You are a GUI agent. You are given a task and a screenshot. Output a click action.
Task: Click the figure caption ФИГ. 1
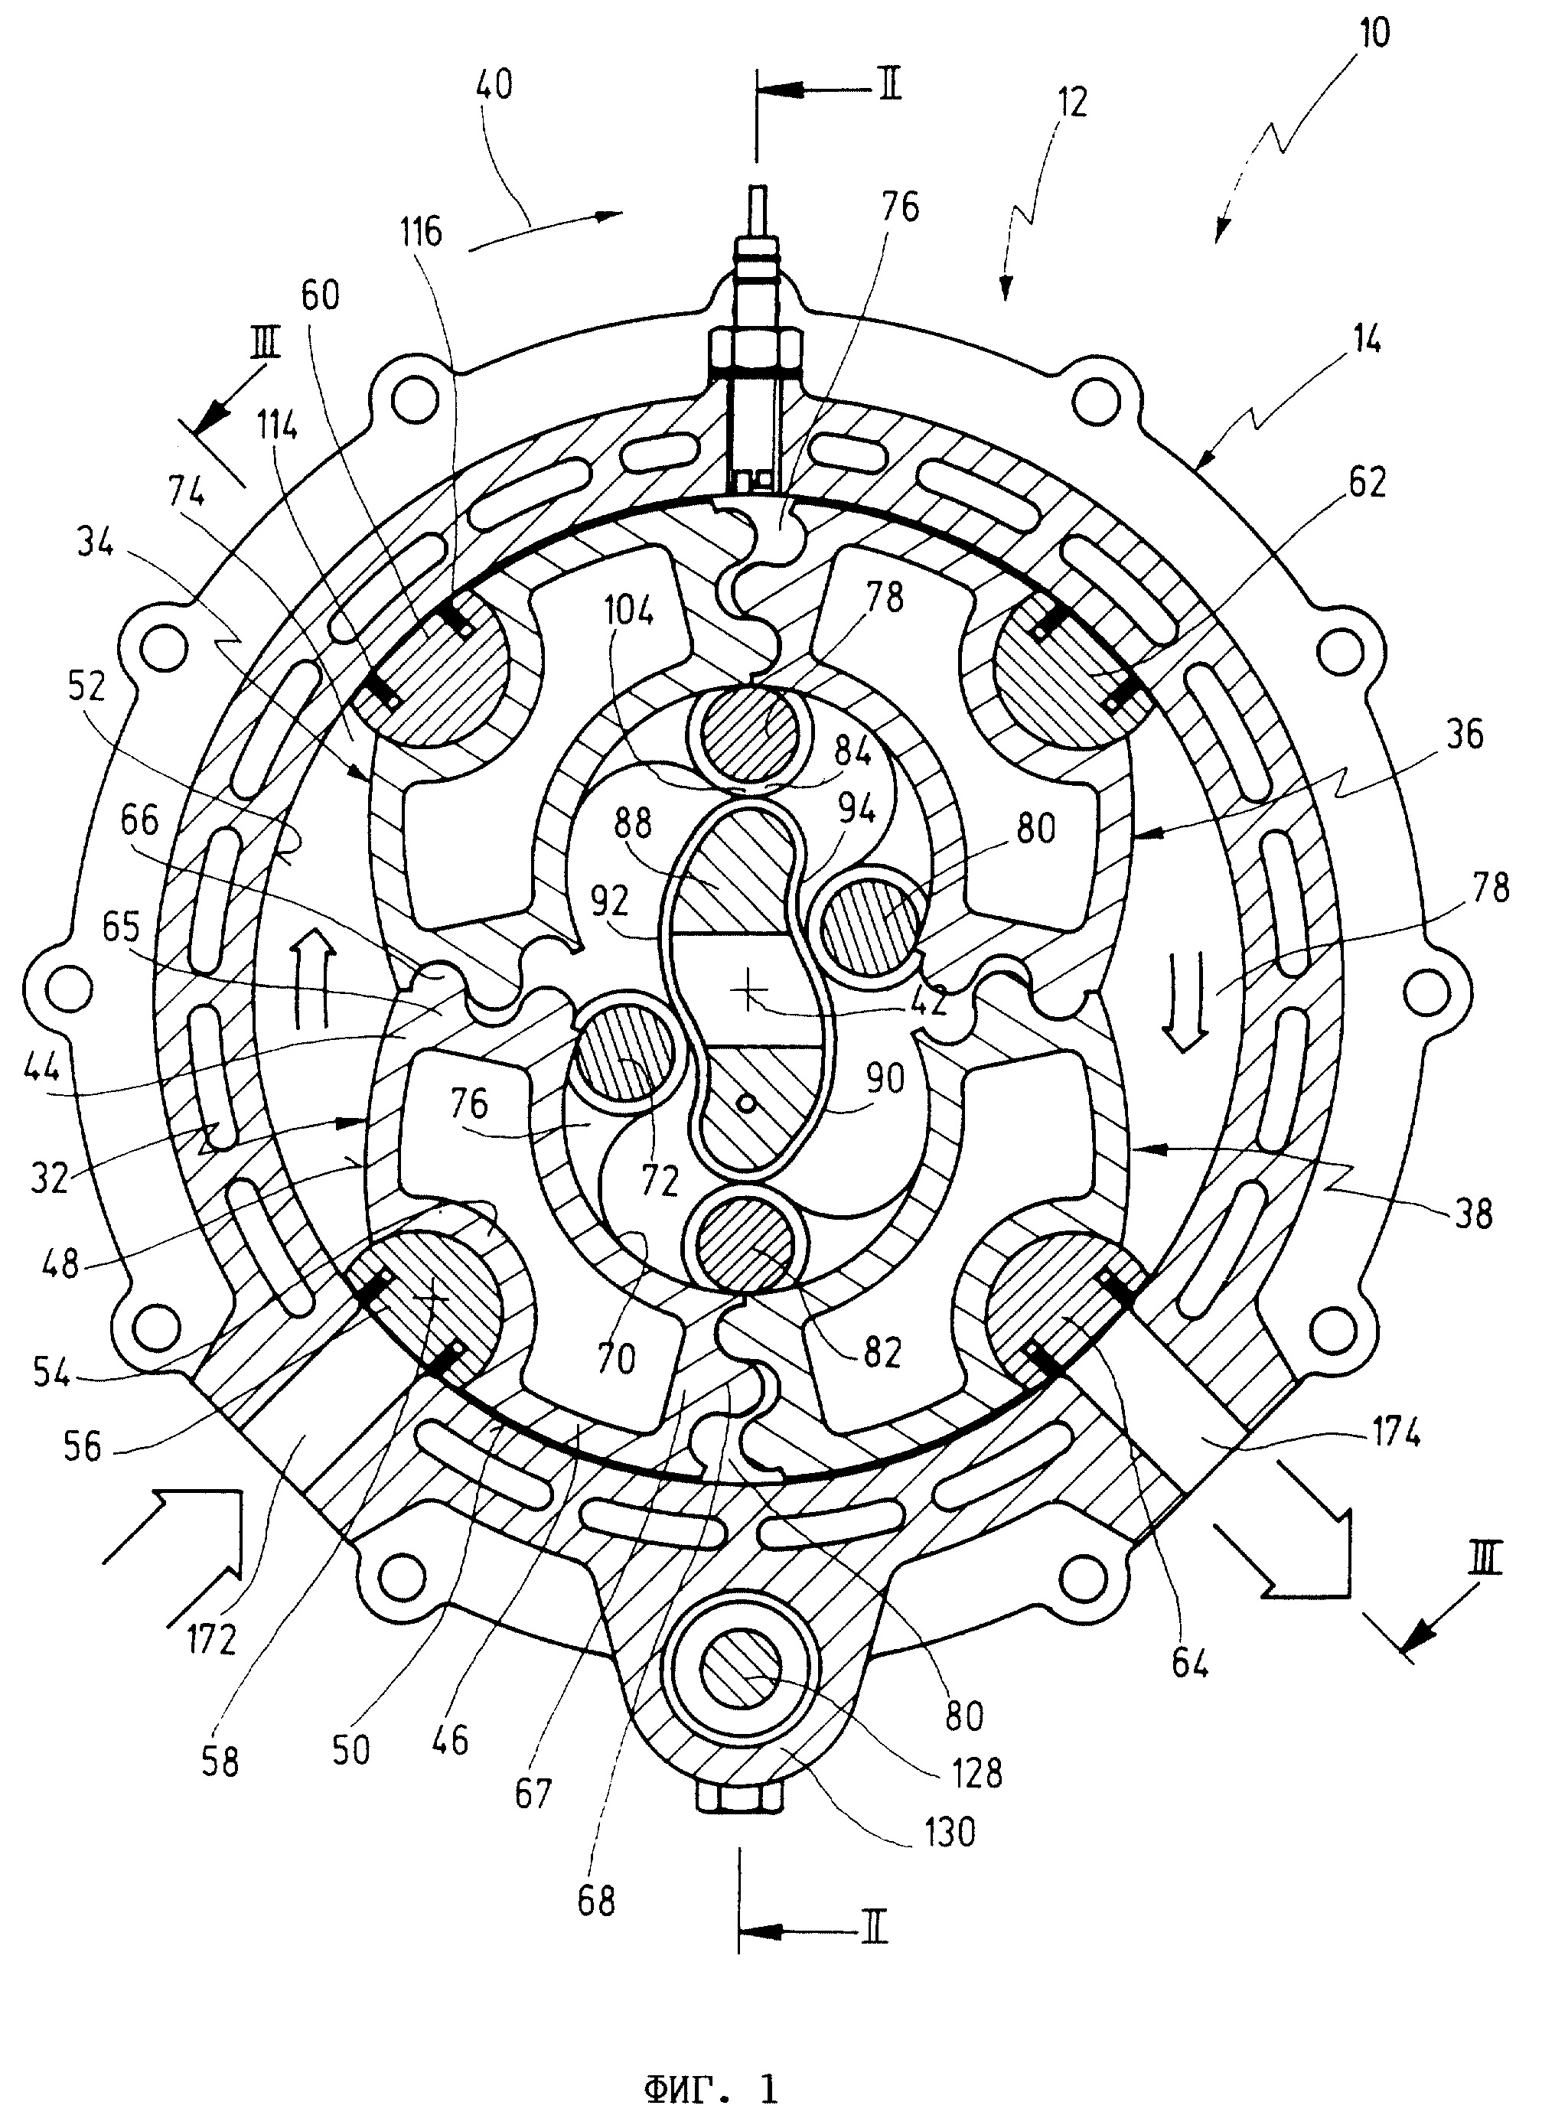(711, 2088)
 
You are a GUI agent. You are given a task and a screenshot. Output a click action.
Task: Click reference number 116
(421, 230)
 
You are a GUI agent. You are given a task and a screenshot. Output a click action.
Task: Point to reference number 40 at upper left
(494, 86)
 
